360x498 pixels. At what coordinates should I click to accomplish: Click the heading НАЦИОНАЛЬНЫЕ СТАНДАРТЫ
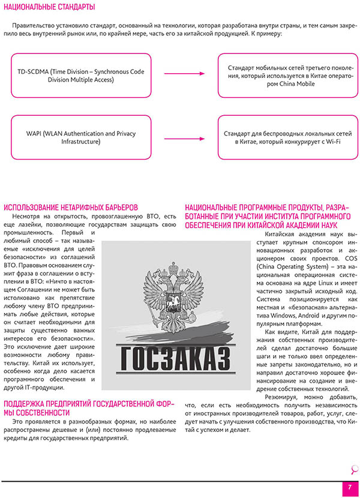coord(49,7)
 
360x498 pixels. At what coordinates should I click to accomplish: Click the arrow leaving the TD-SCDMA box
coord(185,74)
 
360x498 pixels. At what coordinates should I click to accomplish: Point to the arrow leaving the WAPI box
coord(185,137)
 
